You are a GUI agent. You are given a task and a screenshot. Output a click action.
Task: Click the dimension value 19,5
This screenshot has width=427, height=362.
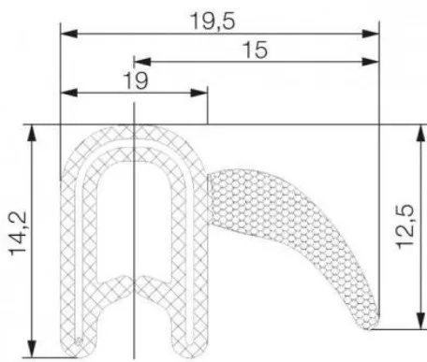(213, 22)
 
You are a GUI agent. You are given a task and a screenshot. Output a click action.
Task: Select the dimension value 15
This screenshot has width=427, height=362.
(255, 50)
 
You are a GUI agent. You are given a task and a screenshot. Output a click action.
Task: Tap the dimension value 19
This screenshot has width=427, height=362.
(136, 80)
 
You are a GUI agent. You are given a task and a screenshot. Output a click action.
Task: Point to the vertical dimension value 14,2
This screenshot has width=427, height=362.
(18, 233)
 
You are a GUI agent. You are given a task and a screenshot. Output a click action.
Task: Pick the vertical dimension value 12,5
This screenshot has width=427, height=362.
(405, 226)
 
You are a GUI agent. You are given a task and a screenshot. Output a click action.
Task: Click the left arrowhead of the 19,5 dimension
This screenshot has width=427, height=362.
(68, 34)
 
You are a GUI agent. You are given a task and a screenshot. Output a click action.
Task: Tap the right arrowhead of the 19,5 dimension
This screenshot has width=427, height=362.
(371, 34)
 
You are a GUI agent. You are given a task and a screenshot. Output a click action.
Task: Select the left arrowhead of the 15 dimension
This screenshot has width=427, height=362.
(142, 62)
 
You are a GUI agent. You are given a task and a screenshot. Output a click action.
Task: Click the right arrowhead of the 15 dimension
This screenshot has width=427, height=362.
(371, 62)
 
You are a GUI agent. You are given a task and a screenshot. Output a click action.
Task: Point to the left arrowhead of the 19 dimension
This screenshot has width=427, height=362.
(68, 93)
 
